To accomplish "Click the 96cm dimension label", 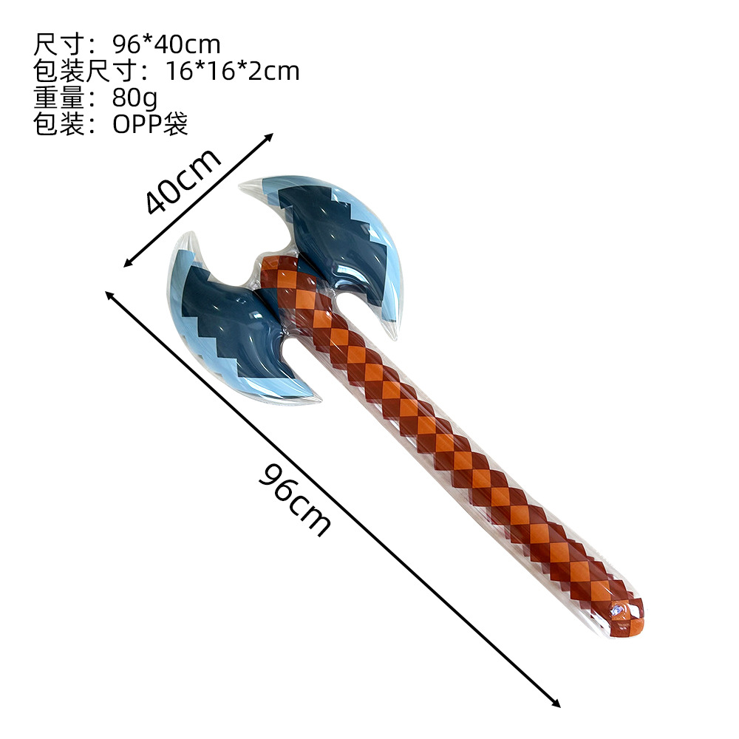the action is (295, 500).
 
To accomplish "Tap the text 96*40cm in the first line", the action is (166, 44).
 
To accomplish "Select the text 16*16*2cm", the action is (232, 71).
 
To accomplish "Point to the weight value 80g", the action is (134, 98).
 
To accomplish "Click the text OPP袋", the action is (150, 124).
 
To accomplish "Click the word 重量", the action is (59, 98).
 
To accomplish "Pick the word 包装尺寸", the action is (85, 71).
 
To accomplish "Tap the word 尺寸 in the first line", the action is (59, 44).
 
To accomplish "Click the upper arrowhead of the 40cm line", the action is (270, 137).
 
